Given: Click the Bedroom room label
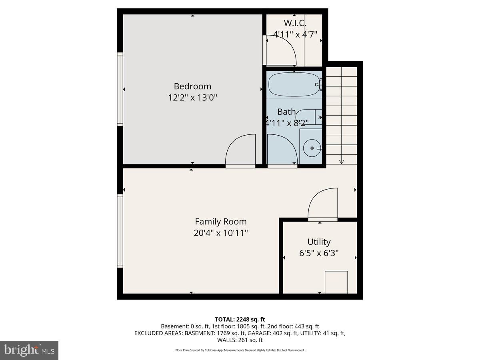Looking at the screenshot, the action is tap(192, 86).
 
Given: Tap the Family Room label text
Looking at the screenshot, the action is tap(221, 222).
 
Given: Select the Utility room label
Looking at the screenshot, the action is tap(319, 242).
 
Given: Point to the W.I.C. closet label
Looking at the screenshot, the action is tap(295, 23).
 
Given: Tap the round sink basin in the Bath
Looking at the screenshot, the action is tap(312, 148).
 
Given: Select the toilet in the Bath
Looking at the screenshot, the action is tap(309, 117).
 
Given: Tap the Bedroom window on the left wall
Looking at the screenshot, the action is tap(120, 89).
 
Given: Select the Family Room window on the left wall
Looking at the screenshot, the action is tap(120, 231).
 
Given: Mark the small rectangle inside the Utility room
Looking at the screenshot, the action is tap(336, 282).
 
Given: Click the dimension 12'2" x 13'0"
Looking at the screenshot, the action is tap(192, 98).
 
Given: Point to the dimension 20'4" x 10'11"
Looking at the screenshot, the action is tap(221, 233).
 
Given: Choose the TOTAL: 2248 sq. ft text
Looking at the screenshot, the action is tap(240, 320).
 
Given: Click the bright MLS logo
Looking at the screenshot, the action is tap(29, 350).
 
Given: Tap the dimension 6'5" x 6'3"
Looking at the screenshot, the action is tap(319, 253).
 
